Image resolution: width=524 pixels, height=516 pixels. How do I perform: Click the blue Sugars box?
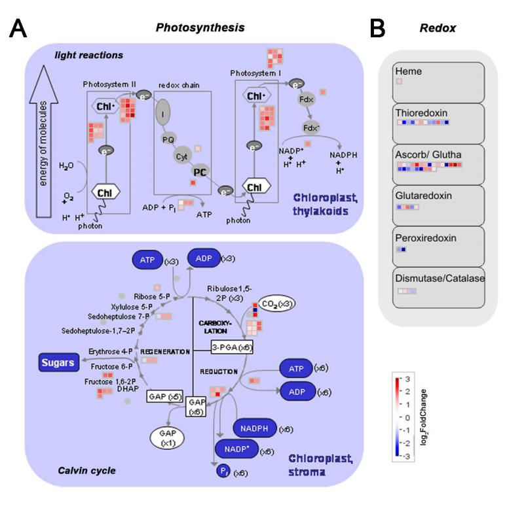pos(57,360)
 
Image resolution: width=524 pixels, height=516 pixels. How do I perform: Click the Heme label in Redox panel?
pos(409,71)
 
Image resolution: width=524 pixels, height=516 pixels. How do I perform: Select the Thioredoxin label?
pos(422,113)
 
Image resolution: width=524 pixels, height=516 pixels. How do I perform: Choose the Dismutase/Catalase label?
pos(439,278)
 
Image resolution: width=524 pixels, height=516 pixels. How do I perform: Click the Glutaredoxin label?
pos(422,196)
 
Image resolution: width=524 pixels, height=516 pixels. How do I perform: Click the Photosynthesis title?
pos(200,27)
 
